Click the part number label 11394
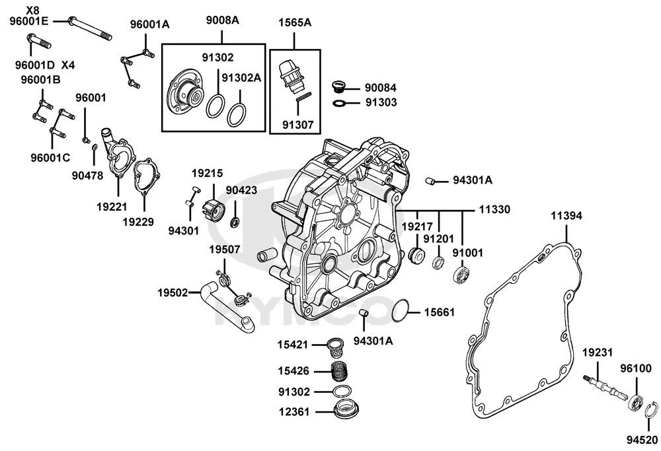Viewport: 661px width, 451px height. click(x=566, y=216)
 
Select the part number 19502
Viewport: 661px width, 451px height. click(x=173, y=293)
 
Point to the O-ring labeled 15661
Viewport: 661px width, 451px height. click(x=400, y=311)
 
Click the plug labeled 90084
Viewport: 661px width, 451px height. click(x=338, y=87)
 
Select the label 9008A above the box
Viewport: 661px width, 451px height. click(x=222, y=20)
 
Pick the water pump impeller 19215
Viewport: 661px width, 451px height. click(x=214, y=209)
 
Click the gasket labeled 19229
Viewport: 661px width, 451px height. click(x=147, y=176)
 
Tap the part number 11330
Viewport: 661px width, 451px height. click(x=494, y=209)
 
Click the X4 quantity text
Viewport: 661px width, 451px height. click(x=68, y=65)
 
